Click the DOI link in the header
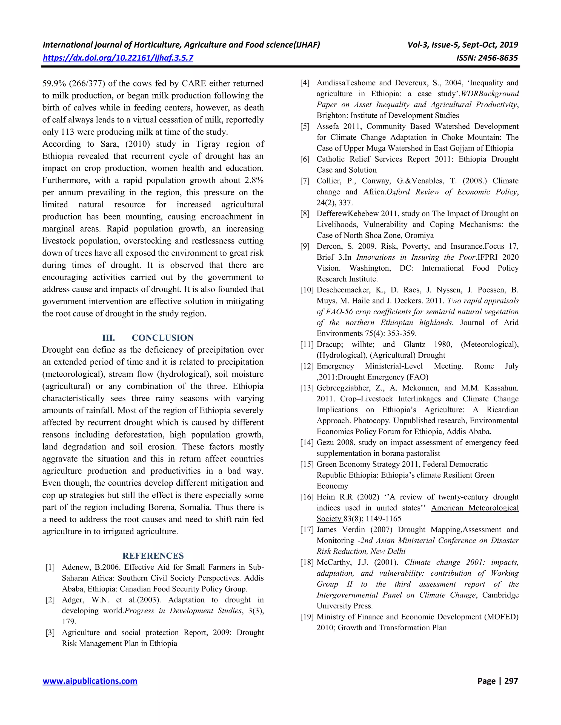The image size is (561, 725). pyautogui.click(x=118, y=58)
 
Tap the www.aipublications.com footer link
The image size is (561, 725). pyautogui.click(x=90, y=681)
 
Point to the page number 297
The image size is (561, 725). pyautogui.click(x=511, y=681)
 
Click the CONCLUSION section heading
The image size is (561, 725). pyautogui.click(x=162, y=338)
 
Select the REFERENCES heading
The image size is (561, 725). pyautogui.click(x=153, y=556)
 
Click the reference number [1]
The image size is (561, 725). pyautogui.click(x=50, y=567)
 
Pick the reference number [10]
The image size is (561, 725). pyautogui.click(x=307, y=290)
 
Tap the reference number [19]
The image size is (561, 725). pyautogui.click(x=307, y=617)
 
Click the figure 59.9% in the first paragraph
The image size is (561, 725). pyautogui.click(x=54, y=83)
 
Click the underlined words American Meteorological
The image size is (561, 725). pyautogui.click(x=475, y=508)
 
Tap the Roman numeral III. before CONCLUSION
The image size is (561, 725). pyautogui.click(x=109, y=338)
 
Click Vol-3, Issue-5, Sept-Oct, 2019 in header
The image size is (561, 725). pyautogui.click(x=463, y=45)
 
